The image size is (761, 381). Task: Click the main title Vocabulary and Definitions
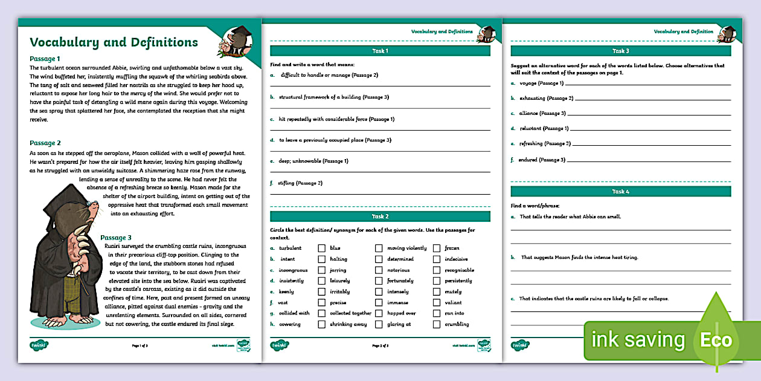point(114,42)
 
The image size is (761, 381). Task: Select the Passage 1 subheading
point(45,59)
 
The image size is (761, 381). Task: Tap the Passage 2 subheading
point(45,143)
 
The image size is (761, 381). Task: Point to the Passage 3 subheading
point(116,238)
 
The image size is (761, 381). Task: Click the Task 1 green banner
point(379,51)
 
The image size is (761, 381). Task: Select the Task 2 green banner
point(379,217)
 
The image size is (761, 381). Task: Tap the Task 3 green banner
point(620,51)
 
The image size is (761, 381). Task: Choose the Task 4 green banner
point(620,192)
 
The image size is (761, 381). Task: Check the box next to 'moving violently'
point(379,248)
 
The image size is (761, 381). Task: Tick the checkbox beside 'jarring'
point(322,270)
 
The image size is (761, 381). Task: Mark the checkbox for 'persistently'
point(436,281)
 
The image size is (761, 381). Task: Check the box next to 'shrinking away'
point(322,325)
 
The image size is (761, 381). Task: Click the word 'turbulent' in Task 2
point(290,248)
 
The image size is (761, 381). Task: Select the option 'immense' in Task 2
point(398,303)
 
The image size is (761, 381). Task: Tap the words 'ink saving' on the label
point(638,340)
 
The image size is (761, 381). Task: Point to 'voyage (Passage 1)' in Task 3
point(541,83)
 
